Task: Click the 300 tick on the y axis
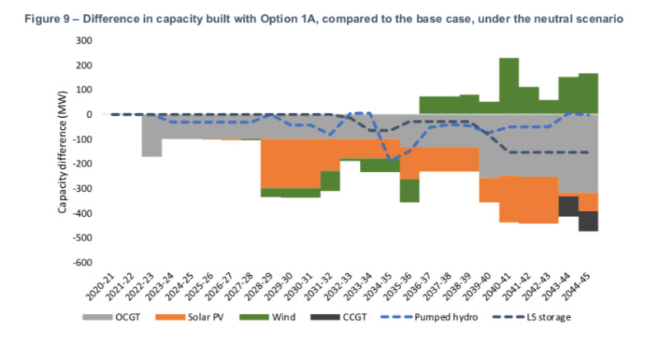tap(83, 40)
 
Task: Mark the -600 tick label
tap(81, 263)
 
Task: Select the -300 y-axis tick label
tap(81, 189)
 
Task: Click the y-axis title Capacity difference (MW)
tap(62, 152)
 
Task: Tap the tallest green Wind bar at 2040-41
tap(508, 86)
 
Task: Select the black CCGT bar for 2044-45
tap(587, 221)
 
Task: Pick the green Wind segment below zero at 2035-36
tap(409, 190)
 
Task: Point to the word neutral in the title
tap(563, 16)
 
